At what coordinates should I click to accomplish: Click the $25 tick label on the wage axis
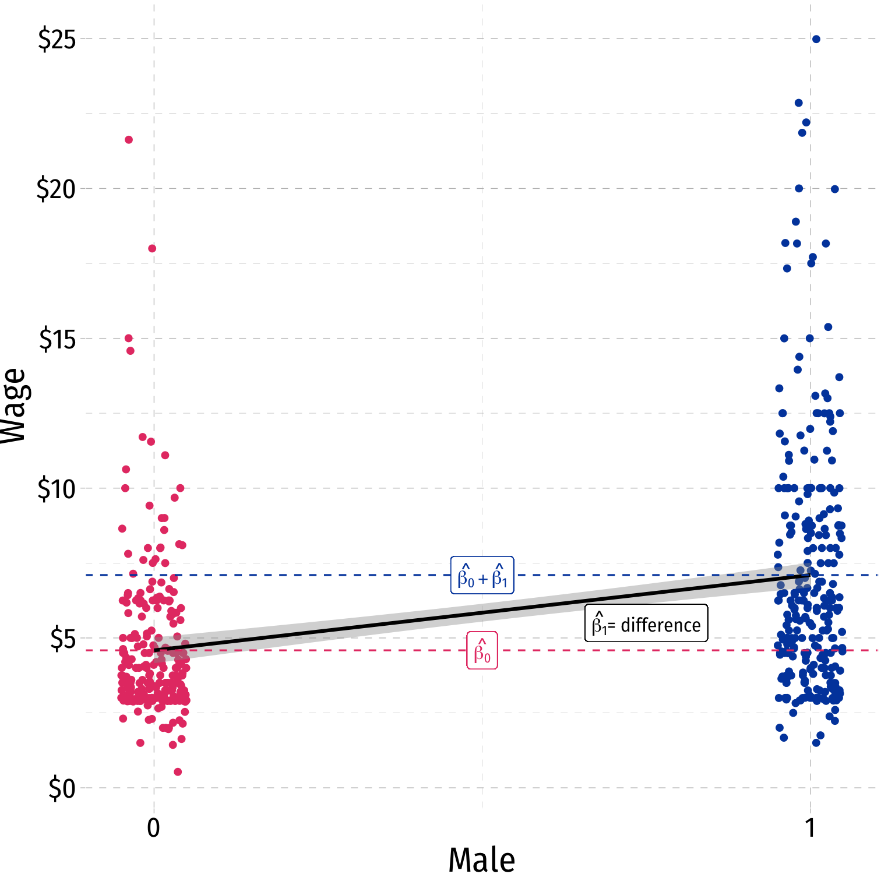tap(57, 40)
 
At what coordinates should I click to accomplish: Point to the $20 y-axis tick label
tap(57, 189)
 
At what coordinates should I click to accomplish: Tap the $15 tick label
tap(57, 339)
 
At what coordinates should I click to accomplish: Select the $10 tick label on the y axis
tap(57, 489)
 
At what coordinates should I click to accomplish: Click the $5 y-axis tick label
tap(62, 639)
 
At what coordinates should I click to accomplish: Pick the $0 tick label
tap(62, 789)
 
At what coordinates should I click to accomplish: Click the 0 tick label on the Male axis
tap(153, 828)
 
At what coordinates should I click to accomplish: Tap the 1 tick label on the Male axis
tap(810, 828)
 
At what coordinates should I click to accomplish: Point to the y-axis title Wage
tap(14, 406)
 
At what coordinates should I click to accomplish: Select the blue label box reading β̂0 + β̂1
tap(482, 576)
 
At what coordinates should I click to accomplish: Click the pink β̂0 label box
tap(482, 650)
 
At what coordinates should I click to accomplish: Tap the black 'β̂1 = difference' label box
tap(646, 623)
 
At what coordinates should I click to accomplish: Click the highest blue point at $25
tap(816, 39)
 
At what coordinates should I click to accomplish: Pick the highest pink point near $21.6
tap(129, 140)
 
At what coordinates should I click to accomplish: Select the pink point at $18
tap(152, 248)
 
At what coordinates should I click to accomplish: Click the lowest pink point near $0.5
tap(178, 772)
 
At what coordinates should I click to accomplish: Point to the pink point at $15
tap(129, 338)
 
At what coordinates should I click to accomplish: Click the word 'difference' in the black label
tap(661, 625)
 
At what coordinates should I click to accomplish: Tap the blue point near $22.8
tap(799, 103)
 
